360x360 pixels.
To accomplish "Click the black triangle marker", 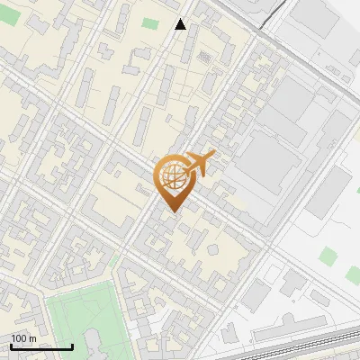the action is (181, 24).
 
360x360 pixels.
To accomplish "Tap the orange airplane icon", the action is (200, 165).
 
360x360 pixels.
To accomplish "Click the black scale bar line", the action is (40, 347).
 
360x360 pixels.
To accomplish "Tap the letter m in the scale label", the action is (33, 339).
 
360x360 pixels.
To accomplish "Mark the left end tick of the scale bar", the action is (10, 346).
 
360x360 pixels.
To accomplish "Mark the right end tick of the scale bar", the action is (72, 346).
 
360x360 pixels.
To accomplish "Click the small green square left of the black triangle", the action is (149, 23).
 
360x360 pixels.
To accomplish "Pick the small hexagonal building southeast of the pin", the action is (213, 249).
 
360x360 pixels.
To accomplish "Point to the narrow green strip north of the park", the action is (116, 261).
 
